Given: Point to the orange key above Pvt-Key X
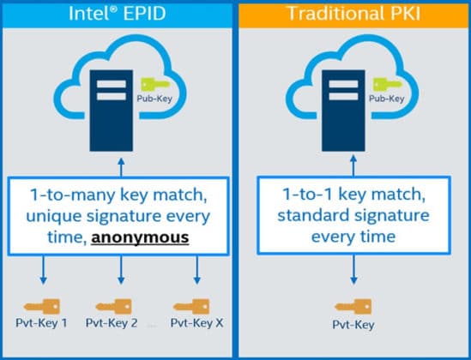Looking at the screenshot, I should click(x=193, y=306).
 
